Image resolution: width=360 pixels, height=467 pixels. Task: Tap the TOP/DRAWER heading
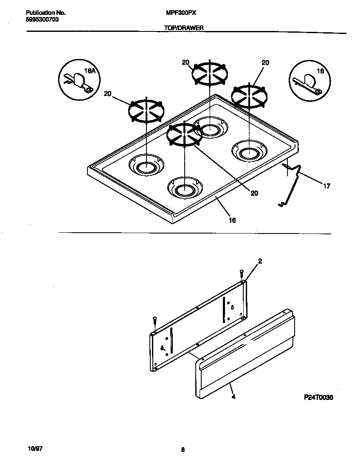184,28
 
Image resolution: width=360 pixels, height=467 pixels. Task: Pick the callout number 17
326,186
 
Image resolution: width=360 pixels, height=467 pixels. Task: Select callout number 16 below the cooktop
232,220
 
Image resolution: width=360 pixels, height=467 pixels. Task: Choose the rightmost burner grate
249,96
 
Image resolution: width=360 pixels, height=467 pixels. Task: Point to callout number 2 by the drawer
260,262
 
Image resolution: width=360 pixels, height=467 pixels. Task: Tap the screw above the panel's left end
155,319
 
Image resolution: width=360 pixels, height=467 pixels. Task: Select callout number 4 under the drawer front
233,397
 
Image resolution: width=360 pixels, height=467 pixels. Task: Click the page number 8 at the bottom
183,450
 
